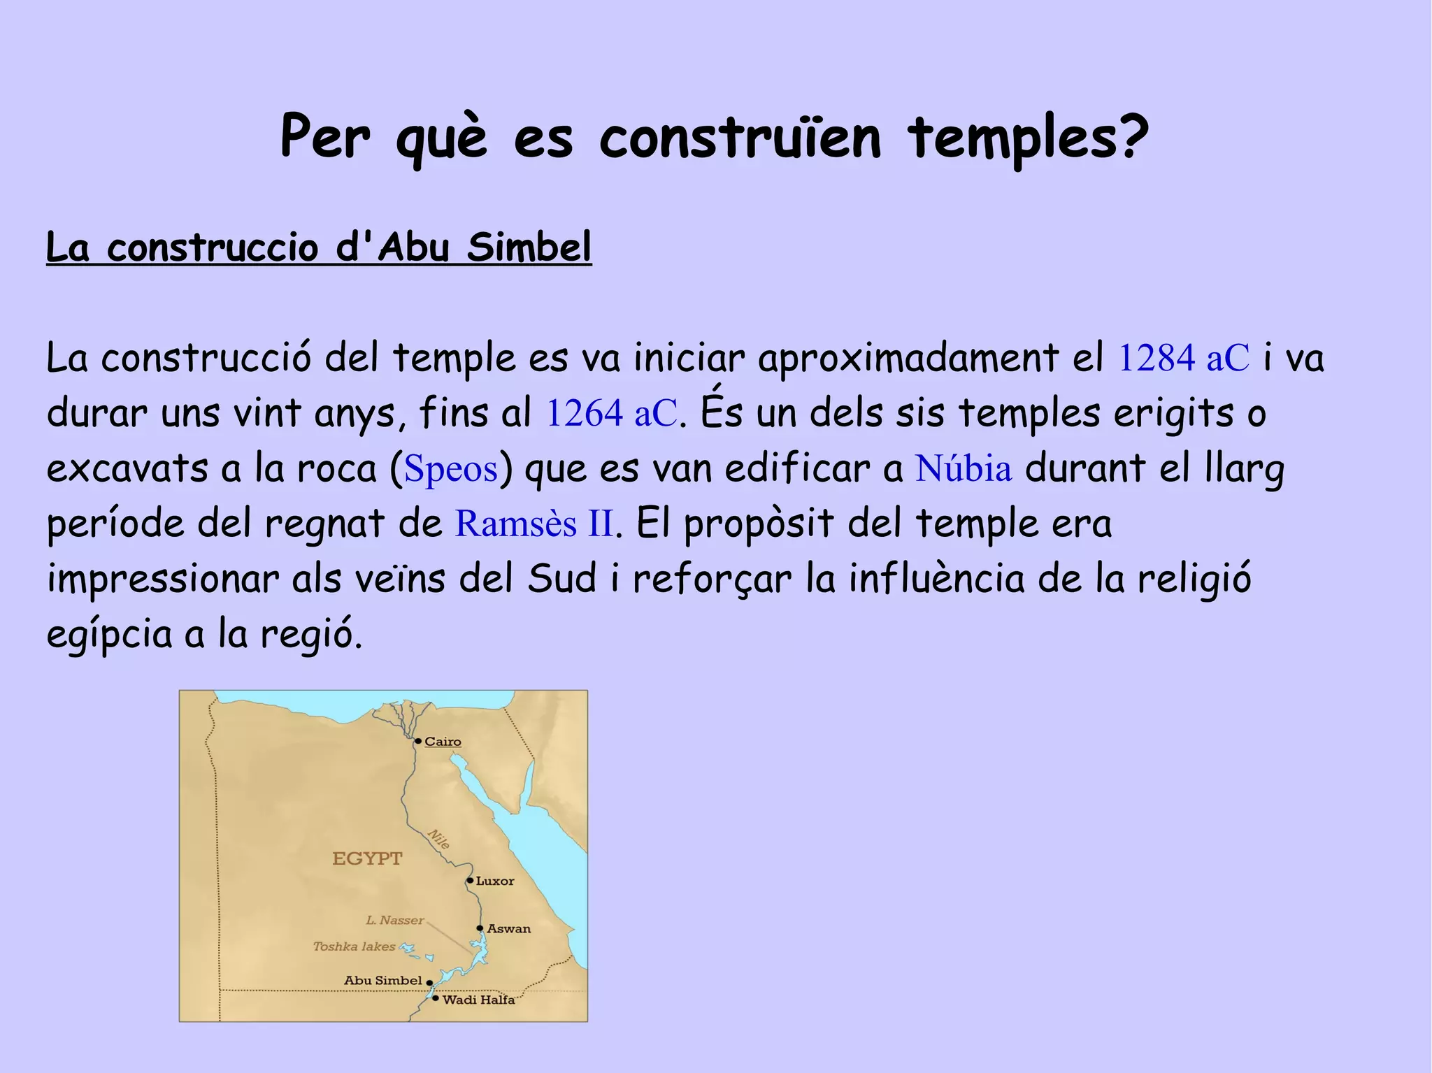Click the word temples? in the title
(1028, 138)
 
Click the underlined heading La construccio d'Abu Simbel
(319, 247)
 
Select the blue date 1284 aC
(1183, 358)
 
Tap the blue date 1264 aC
(611, 413)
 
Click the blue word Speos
(451, 468)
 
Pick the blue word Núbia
(964, 468)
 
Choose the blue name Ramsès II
(535, 524)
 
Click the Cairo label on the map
(443, 742)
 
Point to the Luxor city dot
(470, 881)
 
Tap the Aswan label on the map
(508, 929)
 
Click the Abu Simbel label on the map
(382, 981)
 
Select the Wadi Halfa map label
(478, 1000)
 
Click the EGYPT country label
(367, 858)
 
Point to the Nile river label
(438, 839)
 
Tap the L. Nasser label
(395, 921)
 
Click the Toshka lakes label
(354, 946)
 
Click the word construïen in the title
(740, 138)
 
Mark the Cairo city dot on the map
(418, 741)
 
